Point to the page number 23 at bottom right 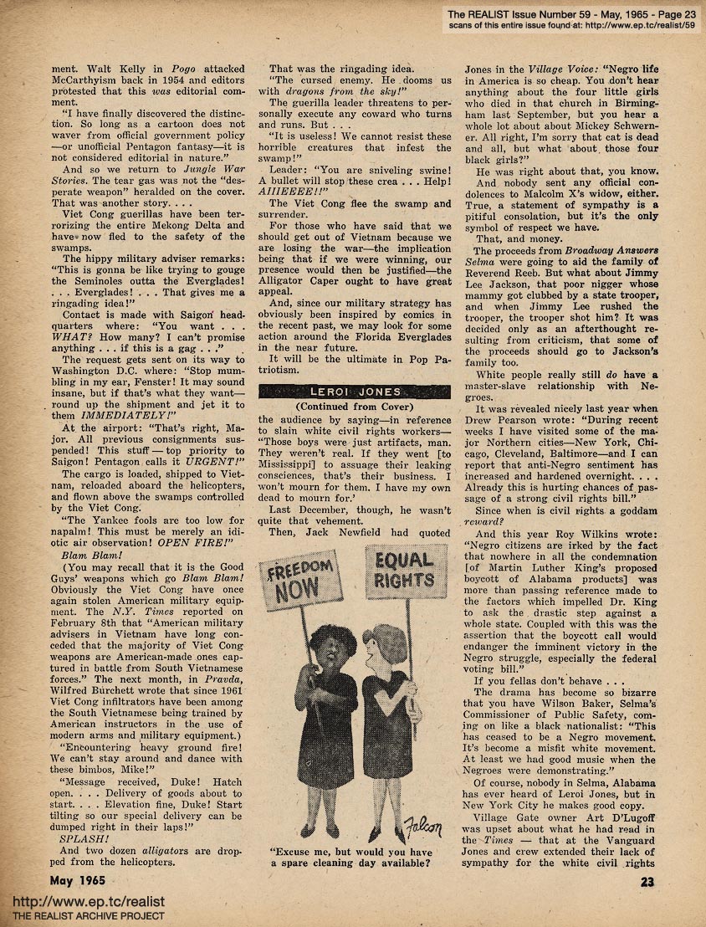click(x=648, y=880)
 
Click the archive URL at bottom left click(x=88, y=901)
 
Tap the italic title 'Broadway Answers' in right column click(x=616, y=250)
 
